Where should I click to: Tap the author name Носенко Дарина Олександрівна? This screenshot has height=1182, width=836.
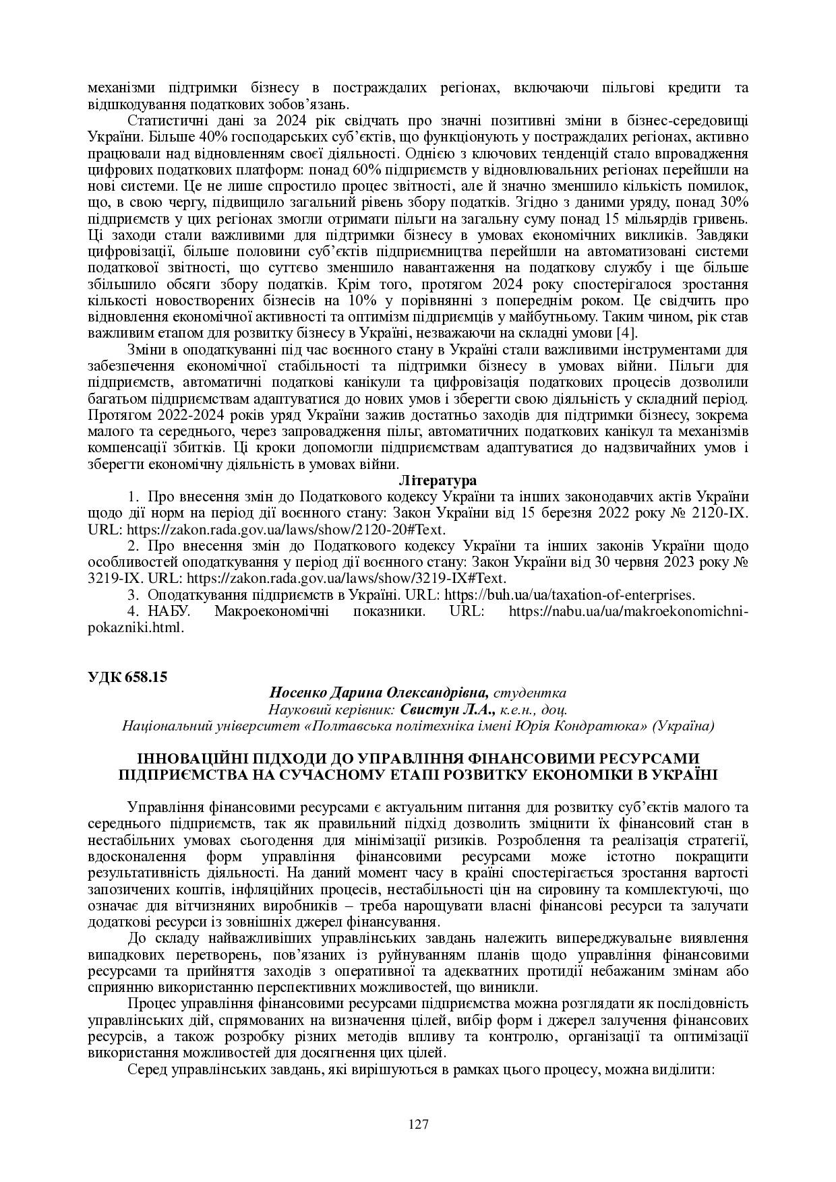380,693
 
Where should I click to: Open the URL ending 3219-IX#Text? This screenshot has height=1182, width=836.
346,579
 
